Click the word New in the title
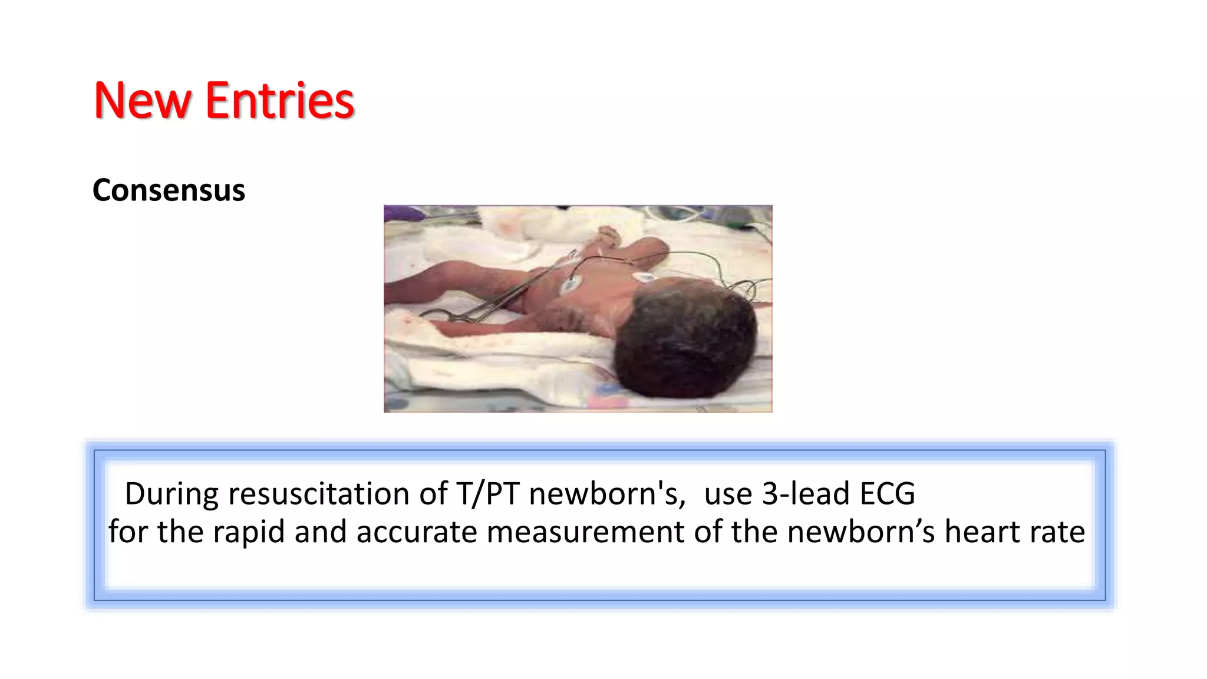(x=141, y=101)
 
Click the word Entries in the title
(x=279, y=101)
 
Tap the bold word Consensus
(x=169, y=190)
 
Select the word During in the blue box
(x=172, y=493)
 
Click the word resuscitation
(x=318, y=493)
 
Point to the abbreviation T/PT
(x=487, y=493)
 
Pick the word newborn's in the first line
(x=607, y=493)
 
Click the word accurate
(x=416, y=532)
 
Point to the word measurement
(x=585, y=532)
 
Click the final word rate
(x=1057, y=532)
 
